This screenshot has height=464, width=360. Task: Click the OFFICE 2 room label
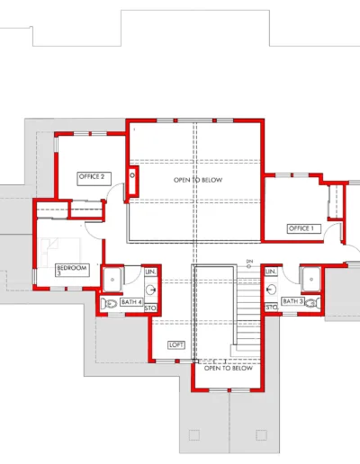[93, 176]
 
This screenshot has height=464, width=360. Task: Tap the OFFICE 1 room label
[301, 228]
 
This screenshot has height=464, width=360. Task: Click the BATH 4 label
[131, 302]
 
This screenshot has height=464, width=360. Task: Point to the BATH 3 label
[292, 300]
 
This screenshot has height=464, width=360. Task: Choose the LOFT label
[176, 344]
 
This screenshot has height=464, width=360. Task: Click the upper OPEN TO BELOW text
[197, 180]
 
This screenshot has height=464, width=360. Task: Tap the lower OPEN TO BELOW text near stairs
[228, 368]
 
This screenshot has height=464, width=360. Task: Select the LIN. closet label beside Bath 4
[151, 271]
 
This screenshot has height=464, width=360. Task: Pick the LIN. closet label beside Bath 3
[271, 271]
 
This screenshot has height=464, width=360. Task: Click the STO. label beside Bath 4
[151, 308]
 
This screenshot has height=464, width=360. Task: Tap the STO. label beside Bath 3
[271, 308]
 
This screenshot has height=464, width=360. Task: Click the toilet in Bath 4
[110, 304]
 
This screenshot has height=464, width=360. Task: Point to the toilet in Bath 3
[311, 304]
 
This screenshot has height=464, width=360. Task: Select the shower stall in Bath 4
[112, 279]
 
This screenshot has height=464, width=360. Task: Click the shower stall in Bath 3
[310, 278]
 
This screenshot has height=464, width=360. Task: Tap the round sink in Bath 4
[151, 290]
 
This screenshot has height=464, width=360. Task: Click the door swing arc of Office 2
[115, 192]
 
